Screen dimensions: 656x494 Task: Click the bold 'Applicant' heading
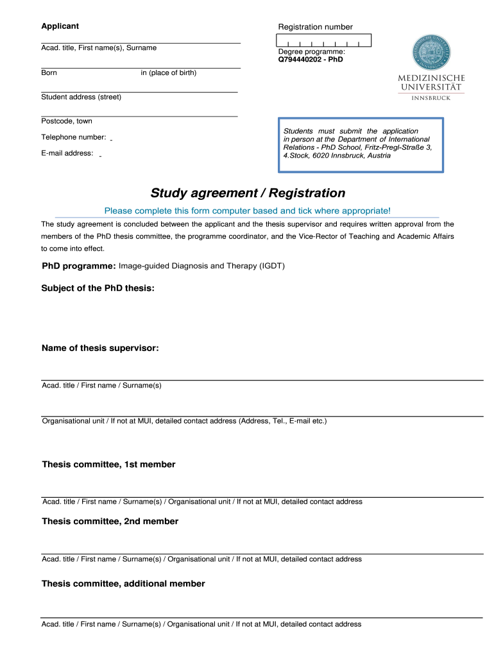tap(60, 26)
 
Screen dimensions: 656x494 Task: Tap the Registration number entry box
tap(325, 40)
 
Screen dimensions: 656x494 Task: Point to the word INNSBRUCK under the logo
tap(431, 98)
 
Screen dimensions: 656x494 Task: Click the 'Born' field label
tap(49, 73)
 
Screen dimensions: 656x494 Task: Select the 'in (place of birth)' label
tap(169, 73)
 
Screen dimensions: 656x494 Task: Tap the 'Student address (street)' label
tap(81, 97)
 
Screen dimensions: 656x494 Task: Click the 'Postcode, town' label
tap(67, 121)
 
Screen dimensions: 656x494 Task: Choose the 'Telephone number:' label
tap(73, 137)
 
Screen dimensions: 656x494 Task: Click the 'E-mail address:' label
tap(67, 153)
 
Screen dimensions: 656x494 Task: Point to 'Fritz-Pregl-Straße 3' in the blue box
tap(398, 147)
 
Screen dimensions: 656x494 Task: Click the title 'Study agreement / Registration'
tap(248, 193)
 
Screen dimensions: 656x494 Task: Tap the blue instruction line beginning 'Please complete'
tap(247, 211)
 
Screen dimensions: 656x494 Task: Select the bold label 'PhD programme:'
tap(78, 266)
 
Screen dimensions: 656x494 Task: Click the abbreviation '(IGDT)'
tap(271, 266)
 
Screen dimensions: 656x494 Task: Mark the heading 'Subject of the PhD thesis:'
tap(98, 288)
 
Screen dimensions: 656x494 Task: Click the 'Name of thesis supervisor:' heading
tap(100, 348)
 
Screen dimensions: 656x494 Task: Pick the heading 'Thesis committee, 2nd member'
tap(110, 521)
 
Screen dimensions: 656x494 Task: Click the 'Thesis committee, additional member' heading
tap(123, 584)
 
